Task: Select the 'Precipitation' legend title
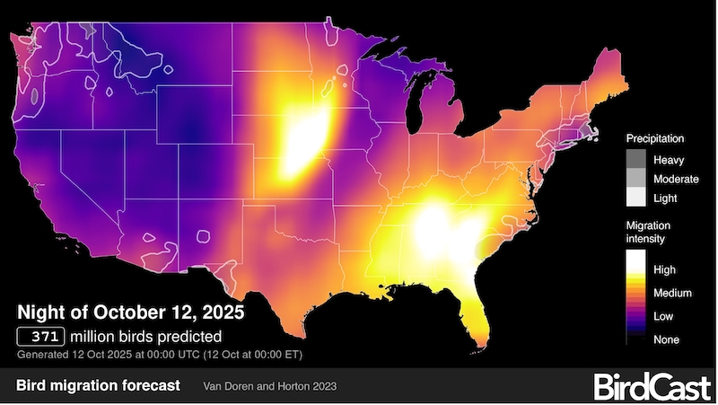(655, 139)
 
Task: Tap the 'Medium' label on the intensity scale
(674, 292)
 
